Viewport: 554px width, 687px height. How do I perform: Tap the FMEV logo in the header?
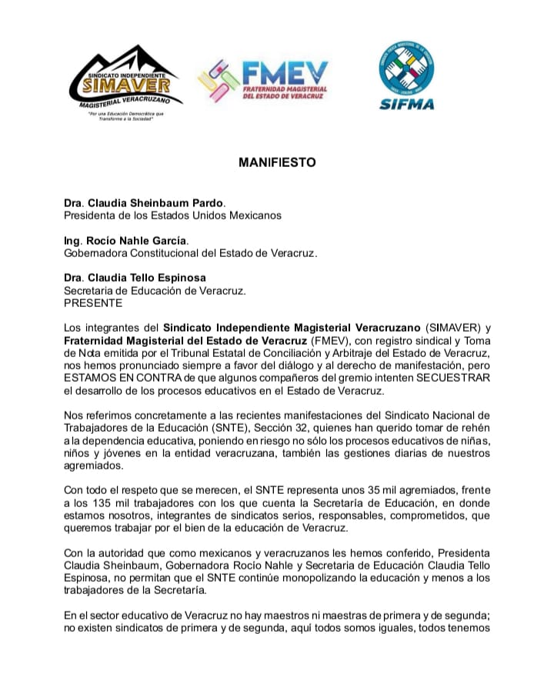click(264, 82)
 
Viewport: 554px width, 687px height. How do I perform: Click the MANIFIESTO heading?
click(277, 163)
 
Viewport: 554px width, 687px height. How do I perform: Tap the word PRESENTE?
click(88, 302)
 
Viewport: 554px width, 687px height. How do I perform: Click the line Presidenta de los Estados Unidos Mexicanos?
click(172, 215)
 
